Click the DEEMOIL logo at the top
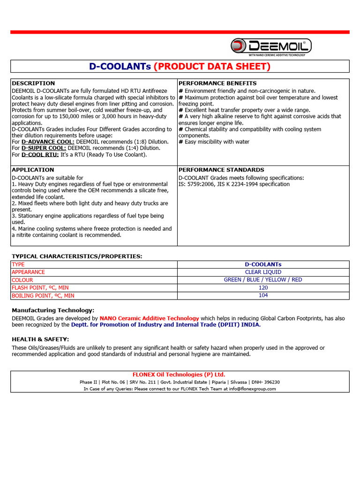270,46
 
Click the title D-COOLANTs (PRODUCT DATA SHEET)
180,67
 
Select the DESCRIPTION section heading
33,83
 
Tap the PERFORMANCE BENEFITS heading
217,83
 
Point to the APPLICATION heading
33,170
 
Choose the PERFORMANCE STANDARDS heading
221,170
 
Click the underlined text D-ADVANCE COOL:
48,142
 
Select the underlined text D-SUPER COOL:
44,148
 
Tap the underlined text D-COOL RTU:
40,155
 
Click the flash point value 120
263,288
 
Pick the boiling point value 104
263,295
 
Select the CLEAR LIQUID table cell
263,272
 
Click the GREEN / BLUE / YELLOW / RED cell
263,280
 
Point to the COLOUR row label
22,280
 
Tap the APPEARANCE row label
29,272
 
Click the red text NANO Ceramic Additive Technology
149,318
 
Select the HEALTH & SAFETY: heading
40,339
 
